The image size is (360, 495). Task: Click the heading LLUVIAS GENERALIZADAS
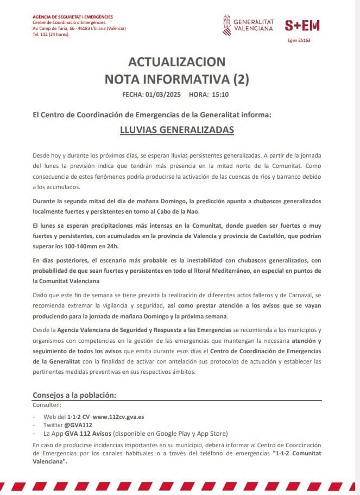[x=176, y=130]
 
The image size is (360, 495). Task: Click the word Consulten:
[x=47, y=405]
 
